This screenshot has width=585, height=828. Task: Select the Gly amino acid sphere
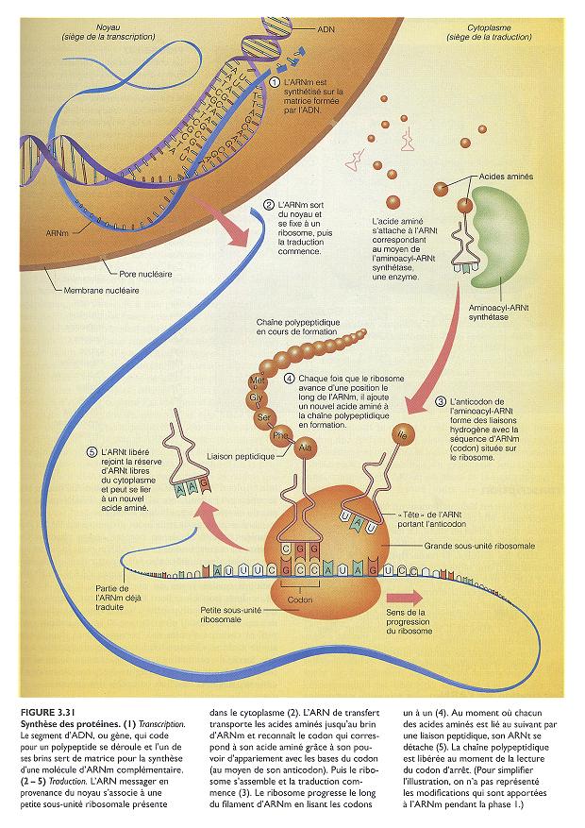point(255,398)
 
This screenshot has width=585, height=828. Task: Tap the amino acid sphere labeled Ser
point(265,416)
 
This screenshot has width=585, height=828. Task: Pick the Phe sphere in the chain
point(280,436)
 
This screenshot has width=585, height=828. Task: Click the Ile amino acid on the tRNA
point(404,435)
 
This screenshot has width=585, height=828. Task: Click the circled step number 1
point(276,83)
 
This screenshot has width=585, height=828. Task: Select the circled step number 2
point(270,205)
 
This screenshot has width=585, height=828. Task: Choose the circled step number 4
point(289,378)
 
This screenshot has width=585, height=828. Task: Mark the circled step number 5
point(90,451)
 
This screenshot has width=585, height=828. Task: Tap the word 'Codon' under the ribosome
point(300,599)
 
